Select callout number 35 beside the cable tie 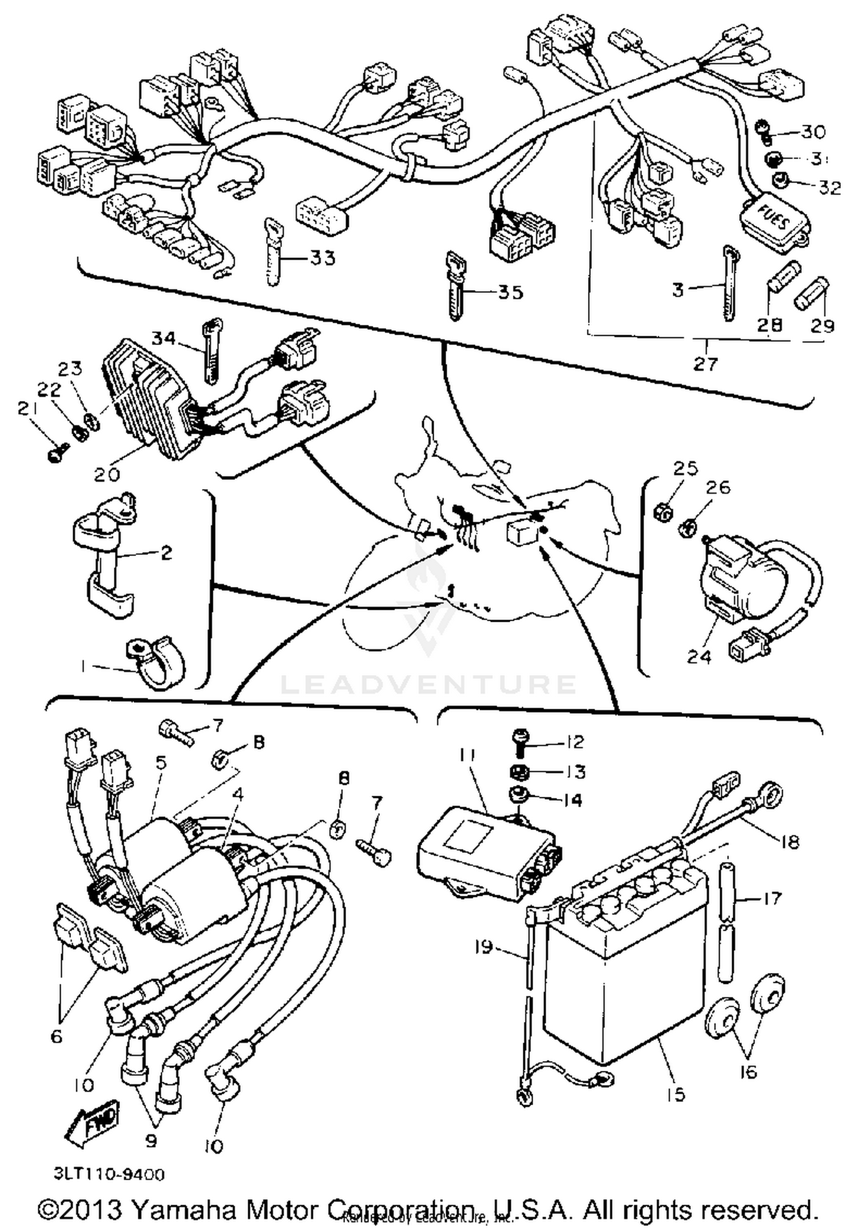pyautogui.click(x=510, y=292)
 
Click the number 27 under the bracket pyautogui.click(x=705, y=363)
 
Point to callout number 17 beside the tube pyautogui.click(x=772, y=899)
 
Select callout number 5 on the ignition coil pyautogui.click(x=161, y=763)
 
